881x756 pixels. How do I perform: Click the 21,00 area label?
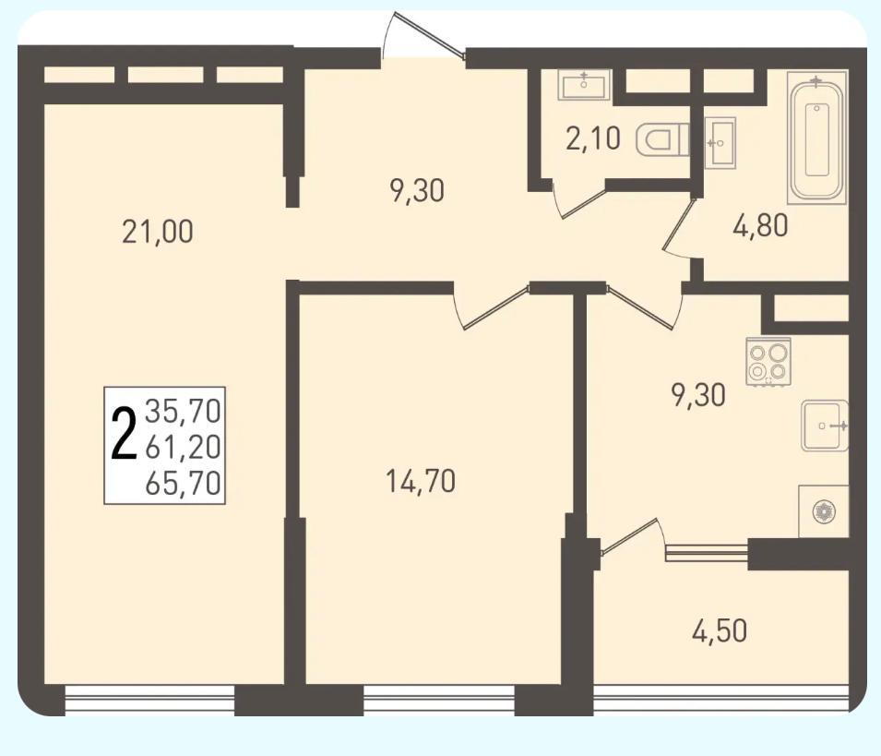pos(158,232)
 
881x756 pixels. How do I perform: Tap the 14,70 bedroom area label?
pos(421,482)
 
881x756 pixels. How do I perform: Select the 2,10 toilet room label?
pos(593,138)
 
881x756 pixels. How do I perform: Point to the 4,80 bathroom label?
pos(760,225)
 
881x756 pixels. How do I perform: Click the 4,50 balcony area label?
pos(720,630)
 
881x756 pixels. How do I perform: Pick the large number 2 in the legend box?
pos(125,435)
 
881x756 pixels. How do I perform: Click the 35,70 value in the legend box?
pos(183,411)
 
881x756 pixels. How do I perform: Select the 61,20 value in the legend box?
pos(183,447)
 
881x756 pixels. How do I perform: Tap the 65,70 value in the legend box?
pos(183,483)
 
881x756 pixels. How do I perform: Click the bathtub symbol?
pos(816,138)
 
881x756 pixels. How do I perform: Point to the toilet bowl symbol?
pos(662,139)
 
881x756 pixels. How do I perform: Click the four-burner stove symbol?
pos(768,362)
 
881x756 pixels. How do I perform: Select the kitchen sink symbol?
pos(824,426)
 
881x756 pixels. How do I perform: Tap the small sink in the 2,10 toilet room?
pos(584,85)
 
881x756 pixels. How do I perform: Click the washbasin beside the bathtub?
pos(720,143)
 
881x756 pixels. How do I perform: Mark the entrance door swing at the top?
pos(423,36)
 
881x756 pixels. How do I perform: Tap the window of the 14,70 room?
pos(439,700)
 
